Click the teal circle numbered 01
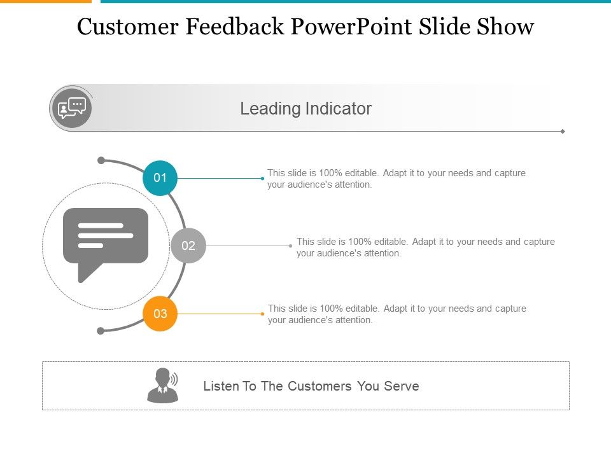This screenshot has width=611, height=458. tap(160, 178)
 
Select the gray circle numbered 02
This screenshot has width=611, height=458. tap(188, 246)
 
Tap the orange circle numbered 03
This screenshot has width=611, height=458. tap(160, 314)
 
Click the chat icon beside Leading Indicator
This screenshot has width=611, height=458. tap(71, 108)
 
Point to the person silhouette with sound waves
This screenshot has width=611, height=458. tap(163, 385)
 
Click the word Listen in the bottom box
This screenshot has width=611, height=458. tap(220, 386)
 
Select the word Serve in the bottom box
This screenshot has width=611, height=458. tap(402, 386)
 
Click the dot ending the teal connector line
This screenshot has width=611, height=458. tap(262, 178)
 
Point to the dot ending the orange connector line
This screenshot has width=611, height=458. tap(262, 314)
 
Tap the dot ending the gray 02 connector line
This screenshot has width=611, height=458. tap(290, 246)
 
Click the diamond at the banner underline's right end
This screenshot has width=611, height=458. tap(563, 131)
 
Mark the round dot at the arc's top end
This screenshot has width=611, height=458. tap(101, 160)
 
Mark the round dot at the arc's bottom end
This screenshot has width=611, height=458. tap(101, 331)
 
